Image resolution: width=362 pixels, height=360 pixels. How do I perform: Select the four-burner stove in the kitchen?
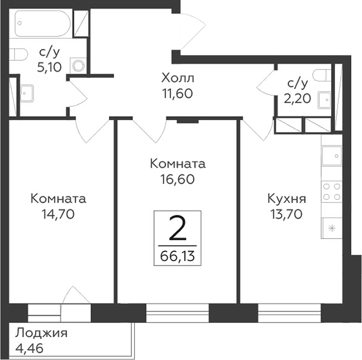(332, 191)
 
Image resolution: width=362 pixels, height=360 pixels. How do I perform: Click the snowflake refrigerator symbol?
(332, 227)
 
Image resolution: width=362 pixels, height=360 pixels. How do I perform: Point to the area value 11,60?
(177, 93)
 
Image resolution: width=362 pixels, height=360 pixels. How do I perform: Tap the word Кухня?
(287, 198)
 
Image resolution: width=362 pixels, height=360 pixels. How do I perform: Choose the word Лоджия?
(41, 333)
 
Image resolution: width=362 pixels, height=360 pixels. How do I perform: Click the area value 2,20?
(297, 98)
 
